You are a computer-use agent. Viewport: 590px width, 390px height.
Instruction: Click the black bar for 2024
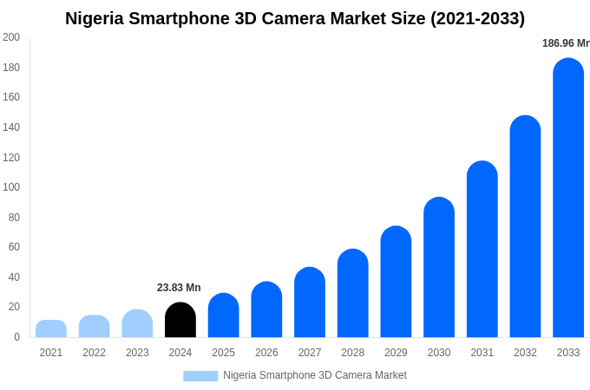(x=180, y=320)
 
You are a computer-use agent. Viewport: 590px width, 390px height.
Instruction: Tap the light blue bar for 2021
(x=51, y=328)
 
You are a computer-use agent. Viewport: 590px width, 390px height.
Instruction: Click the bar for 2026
(x=266, y=309)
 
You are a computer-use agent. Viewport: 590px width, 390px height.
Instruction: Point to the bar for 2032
(x=525, y=226)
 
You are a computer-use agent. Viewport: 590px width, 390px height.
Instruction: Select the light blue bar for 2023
(x=137, y=323)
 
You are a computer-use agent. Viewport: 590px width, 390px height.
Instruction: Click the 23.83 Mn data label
(x=179, y=288)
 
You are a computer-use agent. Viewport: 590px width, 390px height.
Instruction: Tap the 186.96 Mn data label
(x=565, y=43)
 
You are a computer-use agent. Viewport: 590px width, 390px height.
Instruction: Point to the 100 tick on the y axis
(x=10, y=187)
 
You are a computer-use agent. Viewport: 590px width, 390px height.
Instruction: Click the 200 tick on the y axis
(x=10, y=37)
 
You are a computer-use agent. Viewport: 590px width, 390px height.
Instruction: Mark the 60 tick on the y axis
(x=14, y=247)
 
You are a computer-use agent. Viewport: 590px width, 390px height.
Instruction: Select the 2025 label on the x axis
(x=223, y=353)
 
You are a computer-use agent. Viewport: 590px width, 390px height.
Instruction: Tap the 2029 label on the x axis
(x=396, y=353)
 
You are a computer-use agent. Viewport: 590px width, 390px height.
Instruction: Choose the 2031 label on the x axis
(x=482, y=353)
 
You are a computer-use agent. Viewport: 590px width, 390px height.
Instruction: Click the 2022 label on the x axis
(x=94, y=353)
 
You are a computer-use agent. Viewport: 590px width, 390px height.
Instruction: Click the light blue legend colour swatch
(x=200, y=376)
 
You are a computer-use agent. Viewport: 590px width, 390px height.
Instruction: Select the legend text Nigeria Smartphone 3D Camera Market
(x=314, y=375)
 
